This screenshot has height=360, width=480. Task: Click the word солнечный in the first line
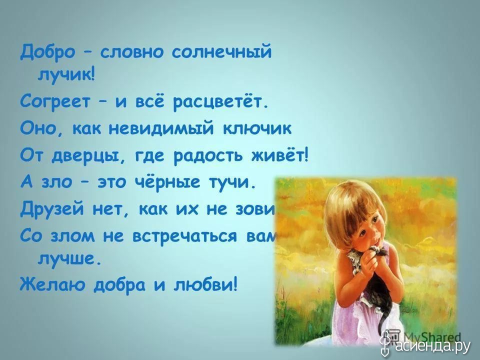click(221, 52)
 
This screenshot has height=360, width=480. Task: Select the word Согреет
click(55, 102)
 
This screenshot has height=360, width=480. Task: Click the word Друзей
click(52, 209)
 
